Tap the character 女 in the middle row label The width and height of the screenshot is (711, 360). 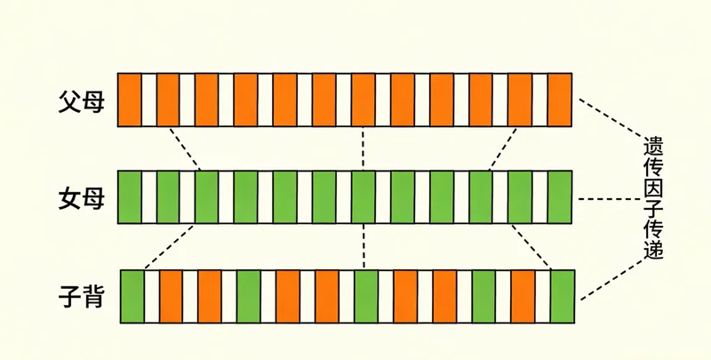69,196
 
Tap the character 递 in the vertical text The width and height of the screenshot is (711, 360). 654,250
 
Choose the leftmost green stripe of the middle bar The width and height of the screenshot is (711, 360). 130,196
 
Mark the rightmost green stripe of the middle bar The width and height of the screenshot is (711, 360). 559,196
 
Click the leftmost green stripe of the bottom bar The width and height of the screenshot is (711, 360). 132,295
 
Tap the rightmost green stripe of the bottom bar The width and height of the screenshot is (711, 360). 563,295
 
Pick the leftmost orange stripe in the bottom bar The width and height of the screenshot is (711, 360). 171,295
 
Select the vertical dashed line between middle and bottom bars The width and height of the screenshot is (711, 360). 364,245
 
